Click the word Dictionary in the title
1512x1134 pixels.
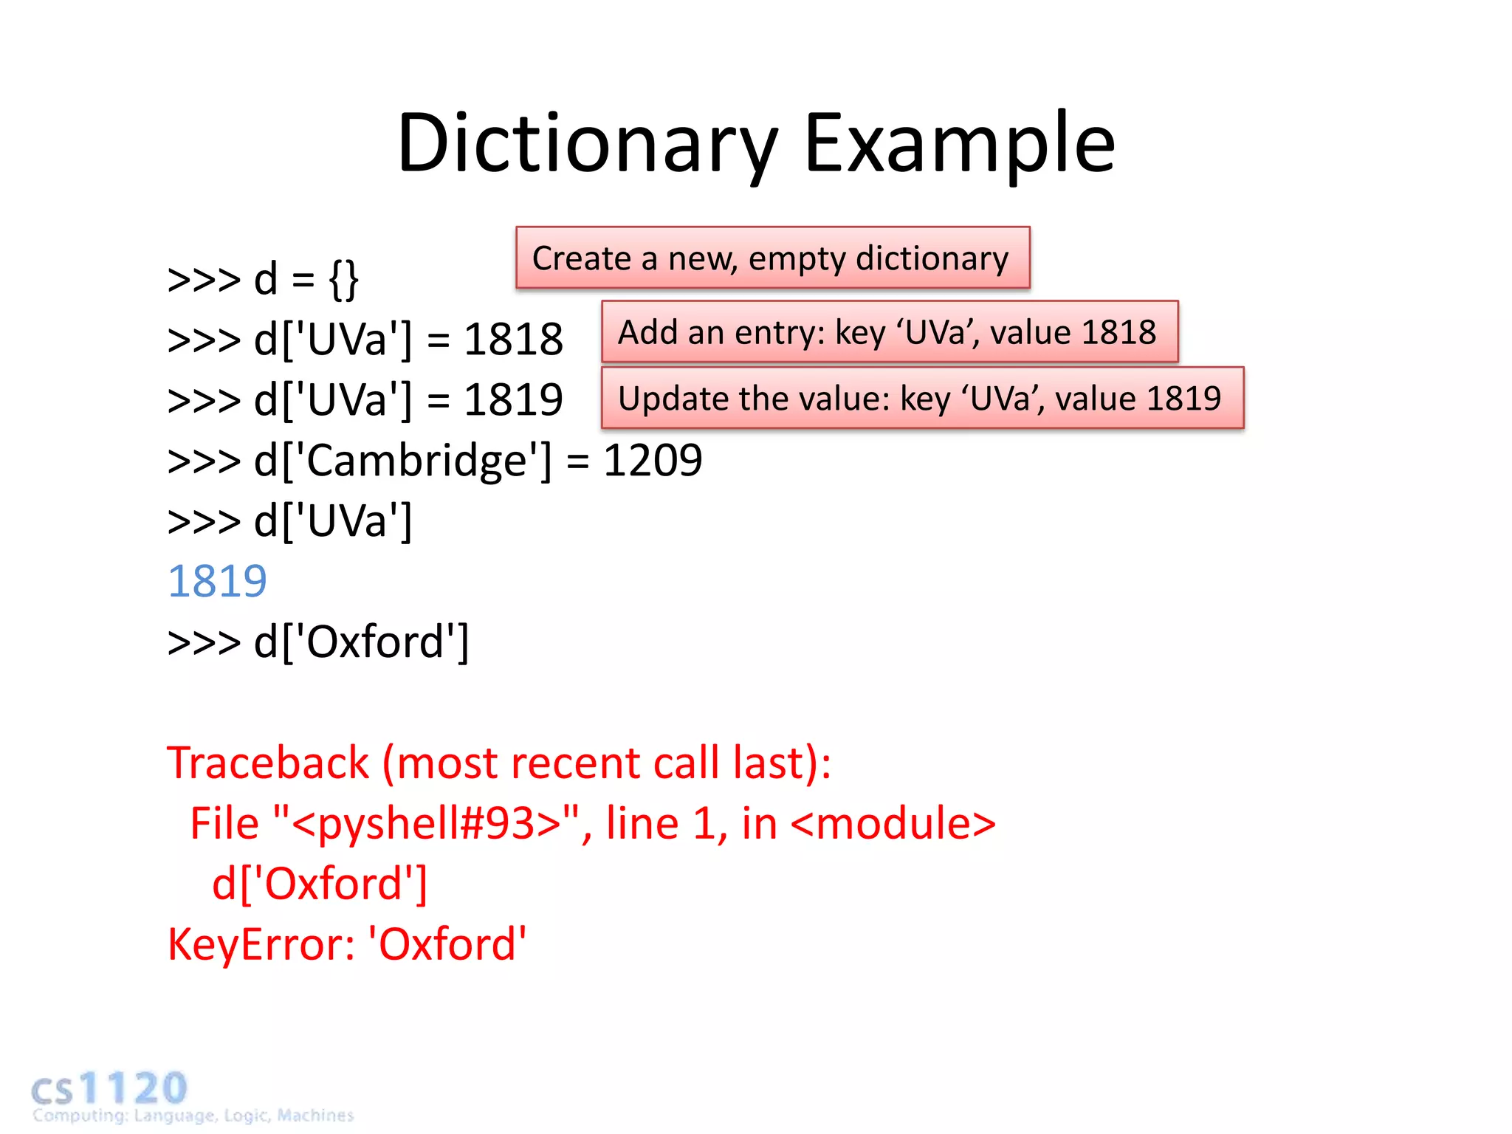tap(587, 144)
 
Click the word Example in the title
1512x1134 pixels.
tap(959, 144)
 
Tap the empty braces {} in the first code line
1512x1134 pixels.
tap(343, 280)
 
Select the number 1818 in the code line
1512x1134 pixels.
tap(513, 340)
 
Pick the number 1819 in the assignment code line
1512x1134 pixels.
tap(513, 400)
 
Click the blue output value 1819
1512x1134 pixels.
tap(217, 581)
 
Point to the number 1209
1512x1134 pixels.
tap(653, 461)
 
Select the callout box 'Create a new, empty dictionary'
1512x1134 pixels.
tap(772, 258)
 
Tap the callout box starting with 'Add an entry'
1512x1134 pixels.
tap(889, 331)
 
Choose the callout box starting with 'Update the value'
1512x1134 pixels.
tap(922, 398)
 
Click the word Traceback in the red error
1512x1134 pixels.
tap(267, 763)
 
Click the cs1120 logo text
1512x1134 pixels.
tap(111, 1089)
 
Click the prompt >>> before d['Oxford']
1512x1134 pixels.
tap(204, 642)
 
